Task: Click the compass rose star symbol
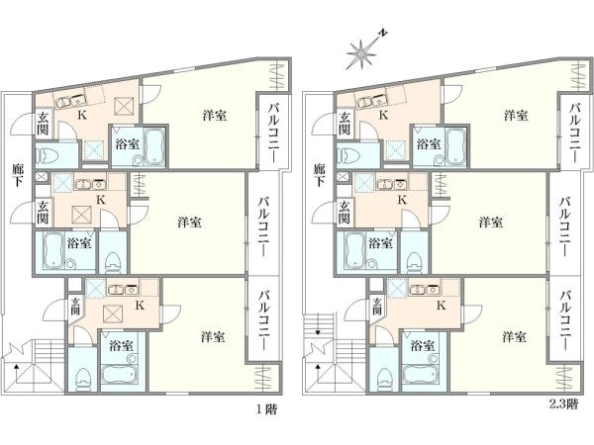coord(361,54)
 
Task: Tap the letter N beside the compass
coord(383,34)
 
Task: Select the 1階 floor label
coord(267,409)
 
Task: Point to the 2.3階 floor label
coord(564,404)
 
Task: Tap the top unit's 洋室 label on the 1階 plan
coord(215,115)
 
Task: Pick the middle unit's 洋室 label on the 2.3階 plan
coord(491,222)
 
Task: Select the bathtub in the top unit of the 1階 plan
coord(154,146)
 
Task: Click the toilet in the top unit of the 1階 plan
coord(47,156)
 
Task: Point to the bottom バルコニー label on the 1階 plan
coord(265,319)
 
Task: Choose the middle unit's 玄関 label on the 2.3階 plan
coord(344,212)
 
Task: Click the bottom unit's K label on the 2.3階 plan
coord(441,306)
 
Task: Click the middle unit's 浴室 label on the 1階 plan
coord(79,243)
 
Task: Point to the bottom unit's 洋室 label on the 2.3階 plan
coord(514,336)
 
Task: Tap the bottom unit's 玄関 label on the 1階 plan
coord(75,307)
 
